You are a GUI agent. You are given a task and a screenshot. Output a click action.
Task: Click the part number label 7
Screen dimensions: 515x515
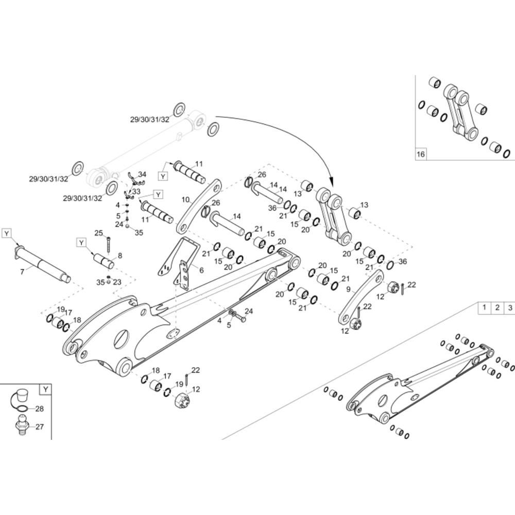22,271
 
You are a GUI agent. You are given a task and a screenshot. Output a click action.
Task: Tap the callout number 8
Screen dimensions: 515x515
120,255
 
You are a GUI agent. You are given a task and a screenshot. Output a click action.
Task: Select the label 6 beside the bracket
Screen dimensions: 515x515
201,270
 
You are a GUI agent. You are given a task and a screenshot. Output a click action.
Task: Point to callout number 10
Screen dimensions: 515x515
185,199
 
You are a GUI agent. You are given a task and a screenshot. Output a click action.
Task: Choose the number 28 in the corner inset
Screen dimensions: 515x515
39,409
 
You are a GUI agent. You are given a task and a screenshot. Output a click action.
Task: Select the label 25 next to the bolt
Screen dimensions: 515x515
98,233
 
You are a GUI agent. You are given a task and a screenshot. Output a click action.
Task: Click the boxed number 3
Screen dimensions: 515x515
509,308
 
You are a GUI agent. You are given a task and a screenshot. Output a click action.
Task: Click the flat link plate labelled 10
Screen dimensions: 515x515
198,205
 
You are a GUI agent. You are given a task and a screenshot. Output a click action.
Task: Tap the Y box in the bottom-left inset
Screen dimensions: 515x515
45,389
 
